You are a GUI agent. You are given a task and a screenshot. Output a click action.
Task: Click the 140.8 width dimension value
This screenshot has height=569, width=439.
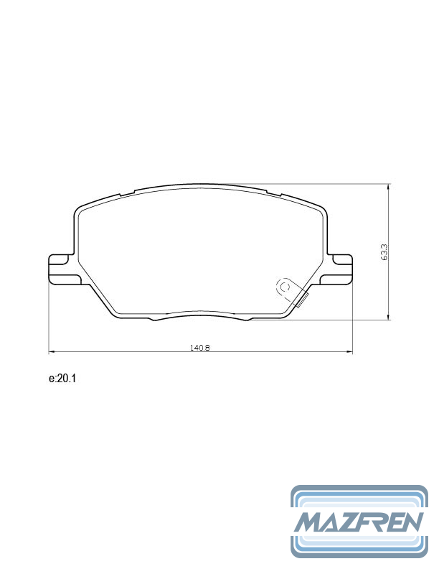(x=200, y=347)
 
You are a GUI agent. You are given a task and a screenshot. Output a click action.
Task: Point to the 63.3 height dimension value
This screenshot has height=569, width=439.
(x=384, y=252)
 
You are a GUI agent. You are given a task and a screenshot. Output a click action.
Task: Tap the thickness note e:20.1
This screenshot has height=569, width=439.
(x=62, y=379)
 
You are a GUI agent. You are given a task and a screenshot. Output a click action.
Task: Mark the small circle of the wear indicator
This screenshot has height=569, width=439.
(x=285, y=287)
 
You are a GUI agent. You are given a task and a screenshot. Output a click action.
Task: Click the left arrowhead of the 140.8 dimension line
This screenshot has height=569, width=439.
(x=51, y=351)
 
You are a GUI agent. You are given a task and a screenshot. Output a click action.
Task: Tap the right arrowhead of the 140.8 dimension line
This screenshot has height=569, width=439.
(x=350, y=351)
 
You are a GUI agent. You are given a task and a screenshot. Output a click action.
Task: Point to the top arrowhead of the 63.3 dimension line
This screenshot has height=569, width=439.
(x=389, y=187)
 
